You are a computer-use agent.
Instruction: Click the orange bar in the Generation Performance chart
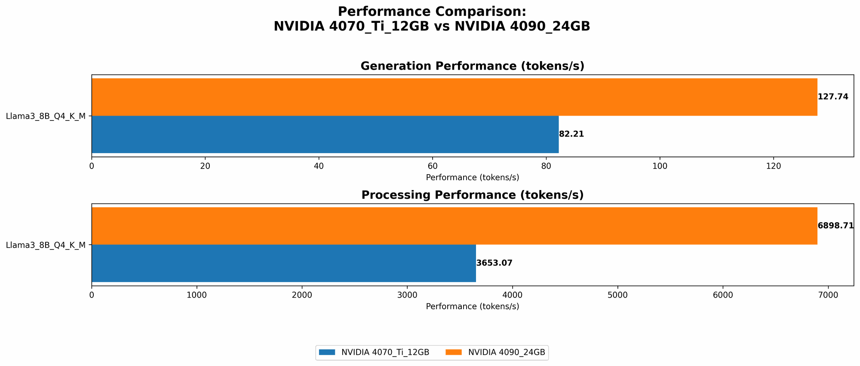pos(454,97)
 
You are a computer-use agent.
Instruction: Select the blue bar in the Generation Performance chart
pos(325,134)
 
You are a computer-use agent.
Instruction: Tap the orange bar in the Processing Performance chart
pos(454,226)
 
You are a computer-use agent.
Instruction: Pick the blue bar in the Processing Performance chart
pos(284,263)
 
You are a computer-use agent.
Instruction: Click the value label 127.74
pos(833,97)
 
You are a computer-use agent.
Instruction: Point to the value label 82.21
pos(571,134)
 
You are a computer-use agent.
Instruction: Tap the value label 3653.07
pos(494,263)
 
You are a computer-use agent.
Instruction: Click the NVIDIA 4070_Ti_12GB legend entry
pos(375,352)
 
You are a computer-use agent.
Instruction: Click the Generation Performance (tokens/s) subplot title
pos(472,66)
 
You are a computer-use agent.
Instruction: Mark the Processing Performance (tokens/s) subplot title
pos(472,195)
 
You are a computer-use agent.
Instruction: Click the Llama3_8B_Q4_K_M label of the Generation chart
pos(46,116)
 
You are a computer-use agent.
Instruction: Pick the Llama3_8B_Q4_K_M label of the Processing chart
pos(46,245)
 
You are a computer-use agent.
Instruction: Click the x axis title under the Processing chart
pos(472,307)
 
